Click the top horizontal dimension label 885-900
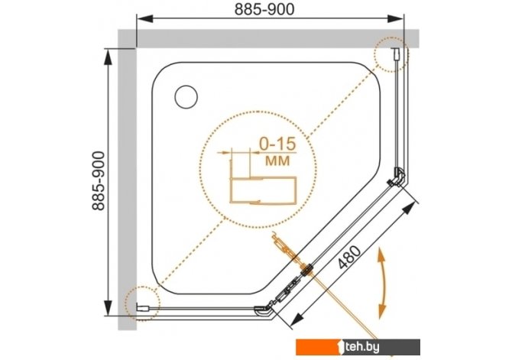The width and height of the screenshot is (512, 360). point(264,10)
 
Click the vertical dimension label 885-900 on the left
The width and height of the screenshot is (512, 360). point(99,180)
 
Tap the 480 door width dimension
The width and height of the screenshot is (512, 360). point(350,257)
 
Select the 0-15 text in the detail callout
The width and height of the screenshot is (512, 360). point(277,144)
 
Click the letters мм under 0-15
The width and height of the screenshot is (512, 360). point(277,161)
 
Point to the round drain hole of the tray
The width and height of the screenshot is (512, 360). point(186,97)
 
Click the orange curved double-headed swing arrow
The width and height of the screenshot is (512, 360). point(382,284)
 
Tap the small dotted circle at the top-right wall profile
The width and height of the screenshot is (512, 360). point(390,54)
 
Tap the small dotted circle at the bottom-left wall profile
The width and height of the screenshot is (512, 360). point(142,303)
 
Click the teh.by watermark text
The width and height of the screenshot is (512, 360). point(361,347)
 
